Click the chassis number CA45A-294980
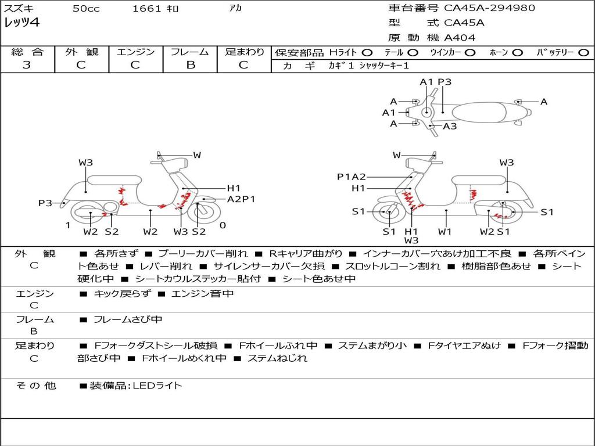click(x=489, y=8)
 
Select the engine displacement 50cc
click(x=86, y=9)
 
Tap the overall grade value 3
click(x=27, y=65)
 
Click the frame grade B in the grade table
click(x=190, y=65)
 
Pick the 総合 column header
click(x=27, y=52)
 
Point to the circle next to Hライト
click(x=367, y=52)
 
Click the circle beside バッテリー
click(x=583, y=52)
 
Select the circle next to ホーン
click(x=517, y=52)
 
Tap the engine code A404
click(x=460, y=38)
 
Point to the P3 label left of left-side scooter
click(x=45, y=203)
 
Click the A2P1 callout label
click(x=241, y=199)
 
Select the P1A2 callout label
click(x=352, y=177)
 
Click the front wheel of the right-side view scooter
click(x=388, y=213)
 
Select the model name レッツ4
click(x=21, y=23)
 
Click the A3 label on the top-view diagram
click(x=450, y=126)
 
